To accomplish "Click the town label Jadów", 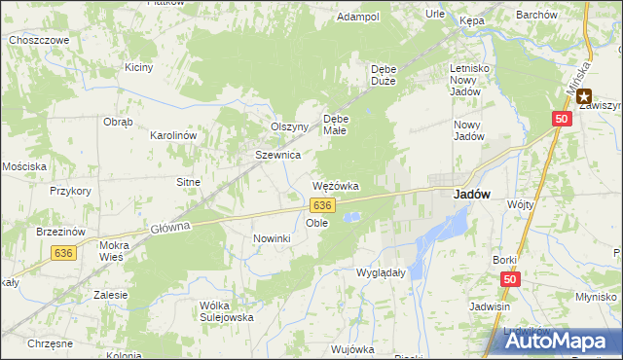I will click(x=471, y=194).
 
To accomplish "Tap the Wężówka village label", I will click(x=336, y=185).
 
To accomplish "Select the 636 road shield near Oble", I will click(x=323, y=205).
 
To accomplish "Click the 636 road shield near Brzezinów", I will click(x=63, y=252).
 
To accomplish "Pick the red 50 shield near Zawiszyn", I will click(x=562, y=118).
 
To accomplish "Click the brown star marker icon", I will click(x=584, y=95).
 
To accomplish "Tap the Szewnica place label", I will click(x=277, y=155).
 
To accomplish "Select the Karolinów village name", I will click(x=174, y=135).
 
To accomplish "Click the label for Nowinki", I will click(x=272, y=238).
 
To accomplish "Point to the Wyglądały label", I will click(x=381, y=272).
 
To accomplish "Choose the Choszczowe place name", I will click(x=38, y=40).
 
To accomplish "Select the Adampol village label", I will click(x=357, y=17).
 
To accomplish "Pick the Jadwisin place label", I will click(x=490, y=306).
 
